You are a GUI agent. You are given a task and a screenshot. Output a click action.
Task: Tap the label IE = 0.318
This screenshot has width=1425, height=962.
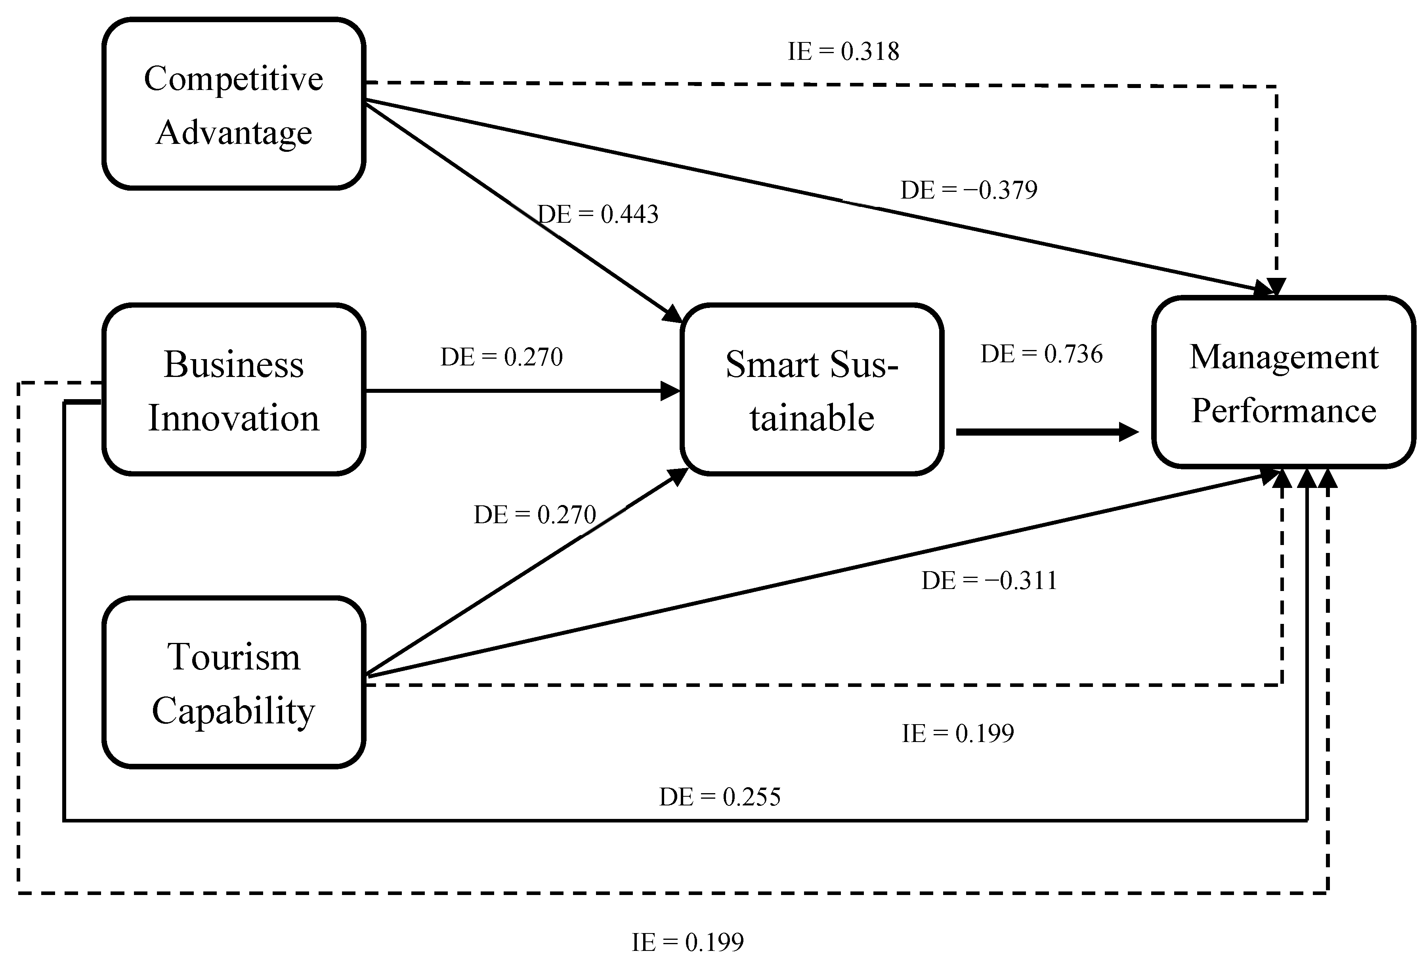click(843, 52)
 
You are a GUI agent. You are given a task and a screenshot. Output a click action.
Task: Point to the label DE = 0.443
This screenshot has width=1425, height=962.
click(598, 214)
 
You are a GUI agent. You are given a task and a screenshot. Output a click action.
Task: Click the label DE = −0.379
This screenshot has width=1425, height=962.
click(969, 190)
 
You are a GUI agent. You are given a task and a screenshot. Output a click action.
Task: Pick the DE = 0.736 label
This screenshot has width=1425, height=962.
click(1041, 354)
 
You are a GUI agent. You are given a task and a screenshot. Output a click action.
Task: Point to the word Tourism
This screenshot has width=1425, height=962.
click(234, 657)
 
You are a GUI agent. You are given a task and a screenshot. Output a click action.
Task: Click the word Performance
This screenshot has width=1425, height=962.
click(1284, 411)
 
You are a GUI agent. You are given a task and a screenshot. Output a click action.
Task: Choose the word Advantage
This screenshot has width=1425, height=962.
click(234, 132)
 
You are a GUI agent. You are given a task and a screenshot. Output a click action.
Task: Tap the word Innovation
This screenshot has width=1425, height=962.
click(234, 418)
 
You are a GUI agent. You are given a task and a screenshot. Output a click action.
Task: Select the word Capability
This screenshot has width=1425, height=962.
click(234, 711)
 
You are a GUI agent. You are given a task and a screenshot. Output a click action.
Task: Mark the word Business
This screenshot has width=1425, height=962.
click(234, 364)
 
